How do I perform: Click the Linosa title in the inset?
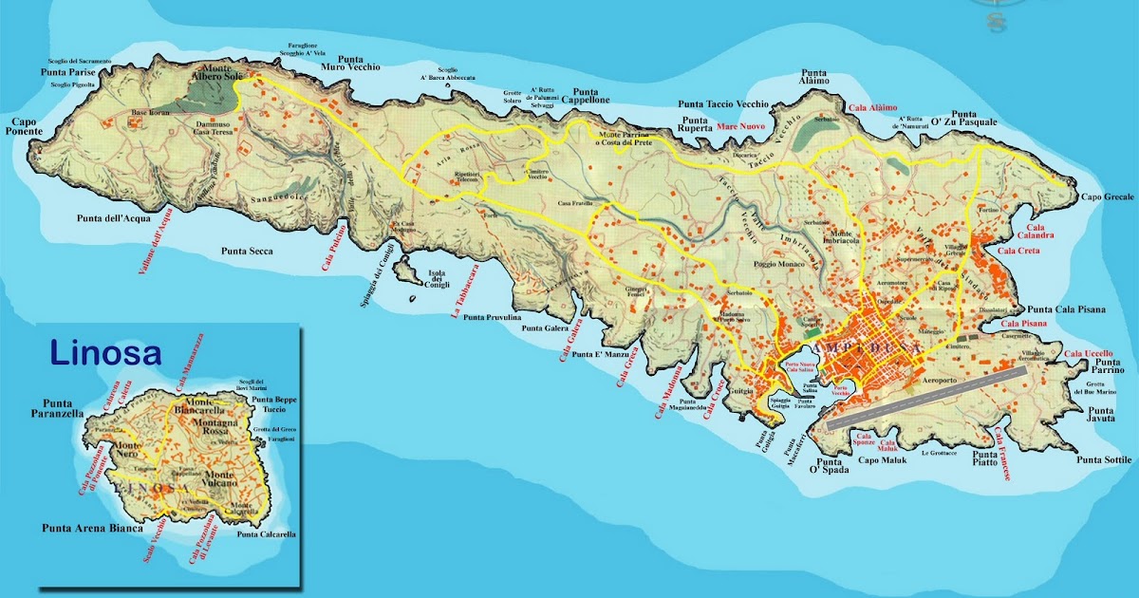click(105, 354)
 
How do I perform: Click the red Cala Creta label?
click(1018, 251)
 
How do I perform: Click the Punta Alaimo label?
click(814, 77)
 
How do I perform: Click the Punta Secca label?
click(247, 252)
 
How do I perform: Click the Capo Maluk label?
click(884, 461)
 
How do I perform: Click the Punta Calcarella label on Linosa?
click(267, 534)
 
